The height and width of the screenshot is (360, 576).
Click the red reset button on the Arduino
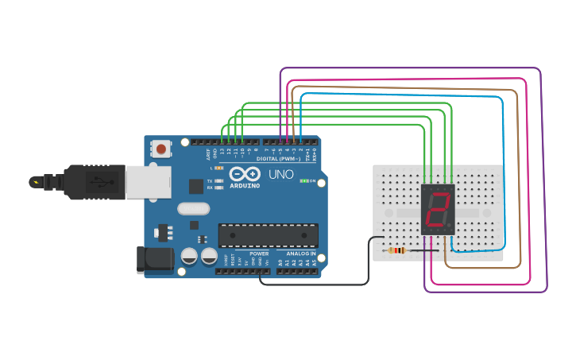[x=161, y=149]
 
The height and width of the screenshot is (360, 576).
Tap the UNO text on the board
[x=280, y=174]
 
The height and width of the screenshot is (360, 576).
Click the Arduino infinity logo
[x=245, y=174]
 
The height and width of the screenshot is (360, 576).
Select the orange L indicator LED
[x=218, y=168]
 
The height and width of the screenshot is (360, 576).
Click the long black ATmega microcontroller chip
[x=268, y=235]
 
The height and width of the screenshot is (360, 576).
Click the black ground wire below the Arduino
[x=318, y=284]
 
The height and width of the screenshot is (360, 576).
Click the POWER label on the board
[x=259, y=254]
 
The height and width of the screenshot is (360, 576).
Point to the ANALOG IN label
[x=301, y=254]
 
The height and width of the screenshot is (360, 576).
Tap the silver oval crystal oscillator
[x=193, y=209]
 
